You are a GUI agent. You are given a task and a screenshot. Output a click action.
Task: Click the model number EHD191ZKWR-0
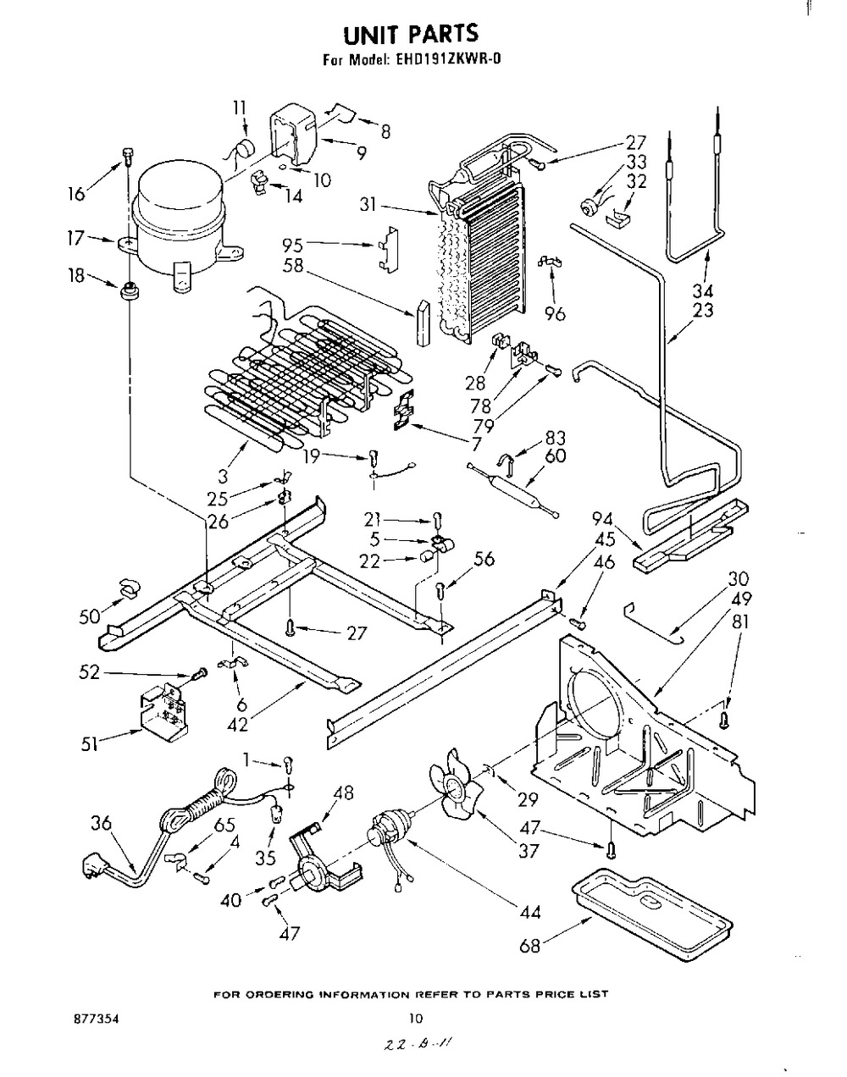point(447,60)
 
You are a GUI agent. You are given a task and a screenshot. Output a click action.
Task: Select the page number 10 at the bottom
point(416,1018)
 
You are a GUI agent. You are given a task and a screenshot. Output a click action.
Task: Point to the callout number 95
point(292,246)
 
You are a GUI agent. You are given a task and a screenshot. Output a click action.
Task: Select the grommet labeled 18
point(129,290)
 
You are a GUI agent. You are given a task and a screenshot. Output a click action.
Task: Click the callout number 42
point(238,724)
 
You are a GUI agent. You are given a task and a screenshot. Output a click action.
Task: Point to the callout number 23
point(703,310)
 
